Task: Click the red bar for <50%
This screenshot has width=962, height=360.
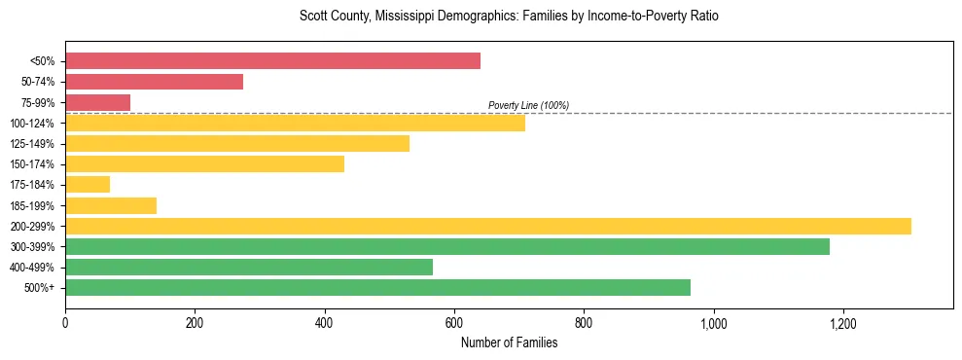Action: (x=272, y=61)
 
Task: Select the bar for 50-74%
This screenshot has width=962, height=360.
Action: (x=154, y=82)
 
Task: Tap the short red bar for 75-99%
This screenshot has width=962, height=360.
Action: (x=97, y=102)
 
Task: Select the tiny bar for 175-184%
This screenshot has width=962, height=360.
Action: (x=88, y=185)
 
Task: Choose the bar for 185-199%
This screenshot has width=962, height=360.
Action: (x=111, y=205)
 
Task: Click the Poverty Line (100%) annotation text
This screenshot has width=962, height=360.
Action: (x=528, y=105)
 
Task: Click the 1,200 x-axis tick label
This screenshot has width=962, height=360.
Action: (x=842, y=323)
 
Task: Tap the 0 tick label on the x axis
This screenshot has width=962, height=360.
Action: (x=65, y=323)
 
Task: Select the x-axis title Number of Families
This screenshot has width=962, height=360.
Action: (x=509, y=342)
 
